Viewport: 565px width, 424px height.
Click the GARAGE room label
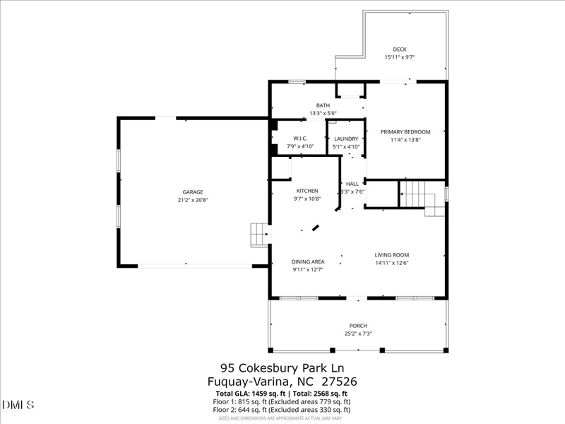click(193, 192)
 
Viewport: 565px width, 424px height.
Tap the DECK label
click(400, 49)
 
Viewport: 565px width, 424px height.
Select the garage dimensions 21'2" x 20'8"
click(193, 200)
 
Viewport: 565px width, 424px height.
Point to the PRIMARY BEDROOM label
click(405, 131)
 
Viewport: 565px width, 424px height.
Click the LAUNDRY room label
click(346, 139)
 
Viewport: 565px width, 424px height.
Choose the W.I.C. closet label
click(299, 139)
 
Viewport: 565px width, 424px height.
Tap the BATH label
click(323, 105)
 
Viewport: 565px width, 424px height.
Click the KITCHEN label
click(307, 190)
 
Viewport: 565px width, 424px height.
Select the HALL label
click(352, 183)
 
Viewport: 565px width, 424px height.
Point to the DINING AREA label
click(308, 261)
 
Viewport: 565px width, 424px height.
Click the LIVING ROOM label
click(392, 255)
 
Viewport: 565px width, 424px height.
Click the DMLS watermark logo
click(18, 404)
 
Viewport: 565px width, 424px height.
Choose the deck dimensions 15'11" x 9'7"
click(400, 57)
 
